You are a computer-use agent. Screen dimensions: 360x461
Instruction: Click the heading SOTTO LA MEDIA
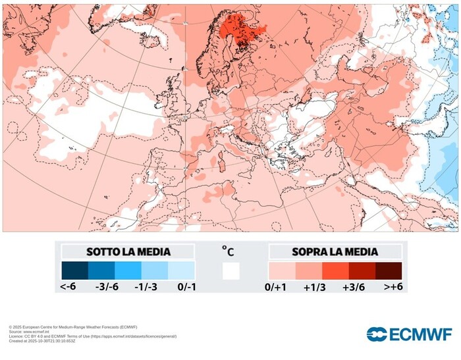pos(128,252)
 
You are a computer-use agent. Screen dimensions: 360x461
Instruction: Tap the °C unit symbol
pos(228,251)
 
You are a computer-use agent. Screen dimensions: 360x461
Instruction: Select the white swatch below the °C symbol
pos(230,270)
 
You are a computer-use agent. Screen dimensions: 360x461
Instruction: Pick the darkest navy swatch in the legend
pos(74,270)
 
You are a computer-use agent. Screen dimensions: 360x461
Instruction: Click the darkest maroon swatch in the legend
pos(389,270)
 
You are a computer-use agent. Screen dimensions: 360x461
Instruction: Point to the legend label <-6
pos(69,287)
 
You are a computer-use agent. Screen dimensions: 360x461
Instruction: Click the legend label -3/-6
pos(105,287)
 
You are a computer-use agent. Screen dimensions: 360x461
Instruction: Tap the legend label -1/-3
pos(144,287)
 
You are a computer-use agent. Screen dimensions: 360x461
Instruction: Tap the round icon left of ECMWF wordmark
pos(377,334)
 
